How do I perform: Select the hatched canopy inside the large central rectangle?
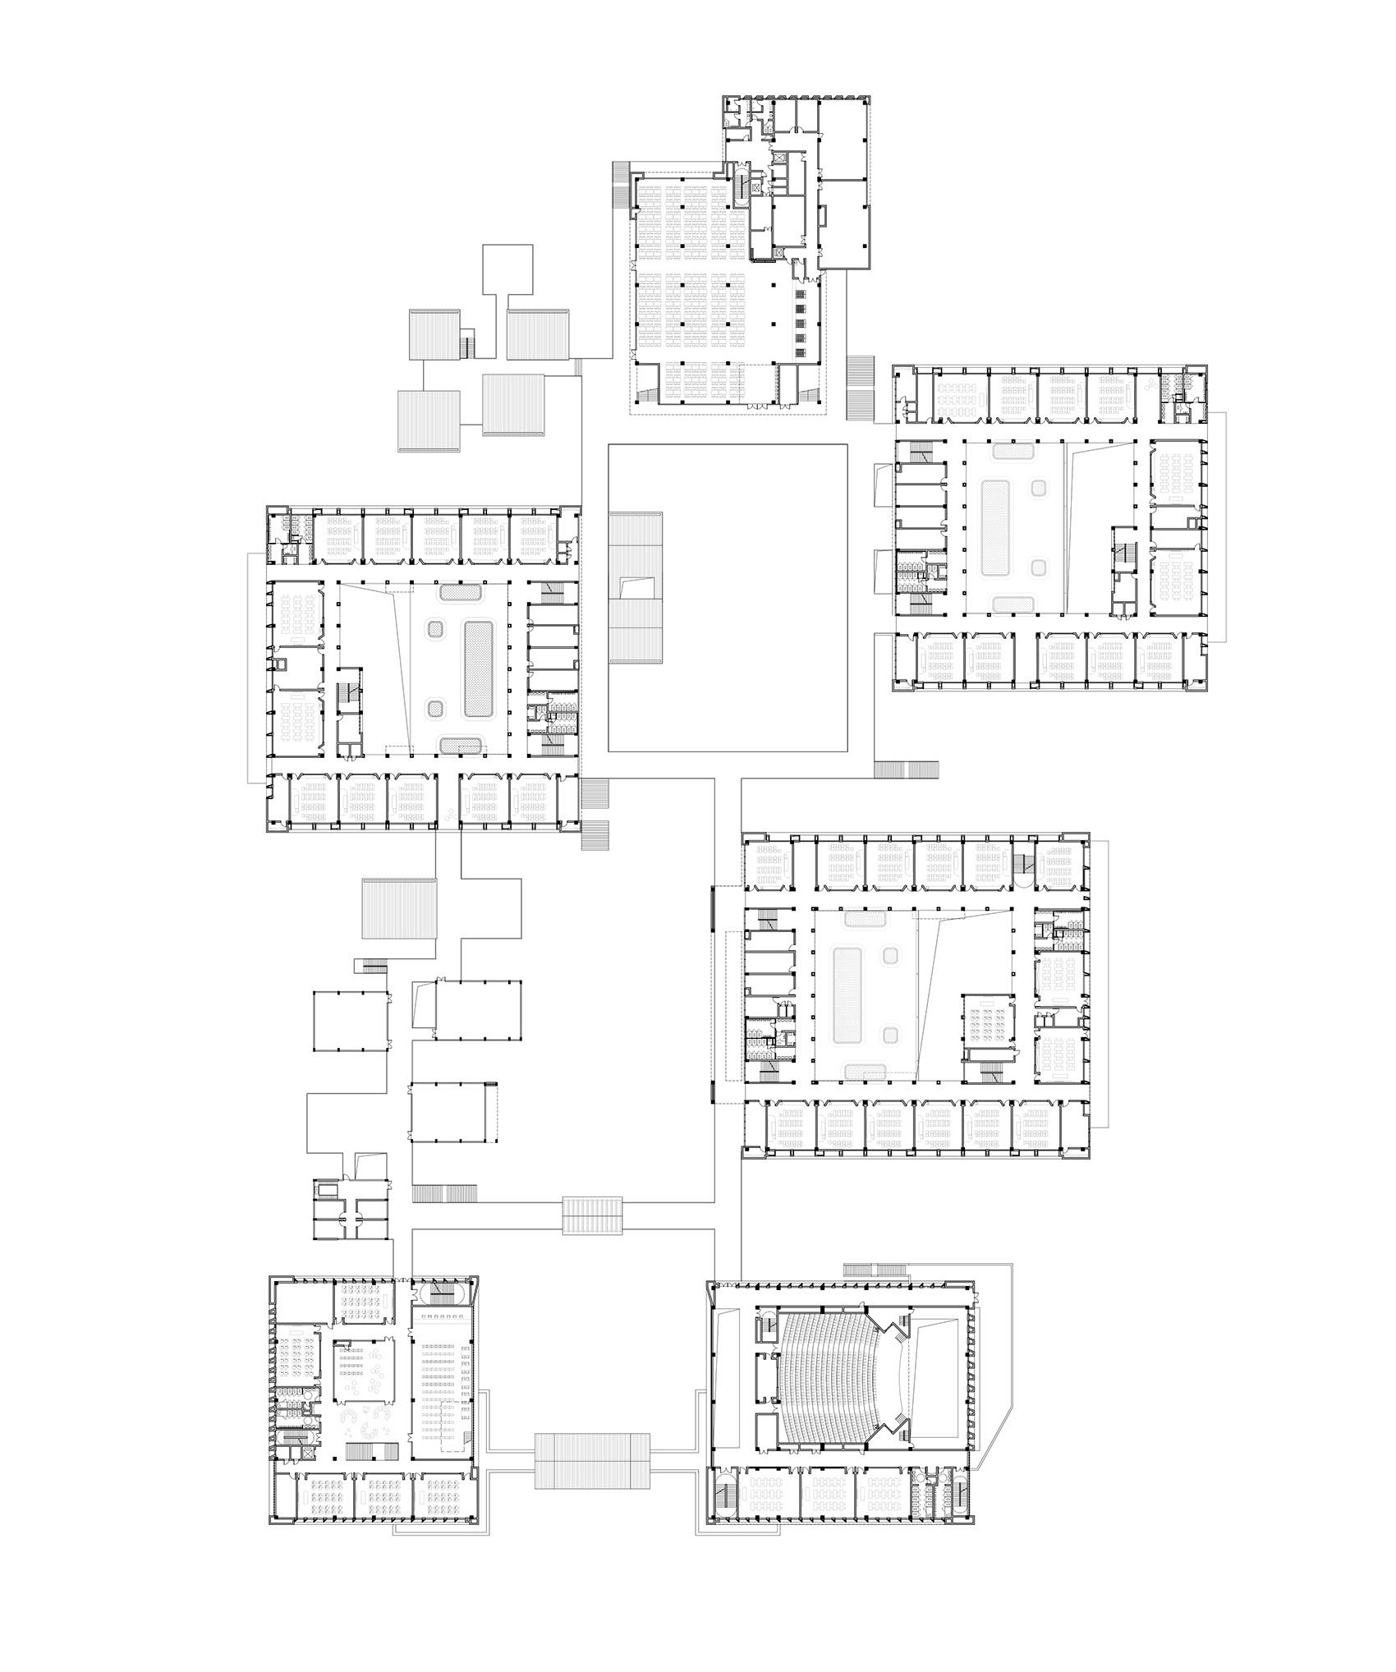(x=636, y=588)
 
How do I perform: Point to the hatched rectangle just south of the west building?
(x=399, y=907)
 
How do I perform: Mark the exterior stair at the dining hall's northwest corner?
(x=622, y=188)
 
